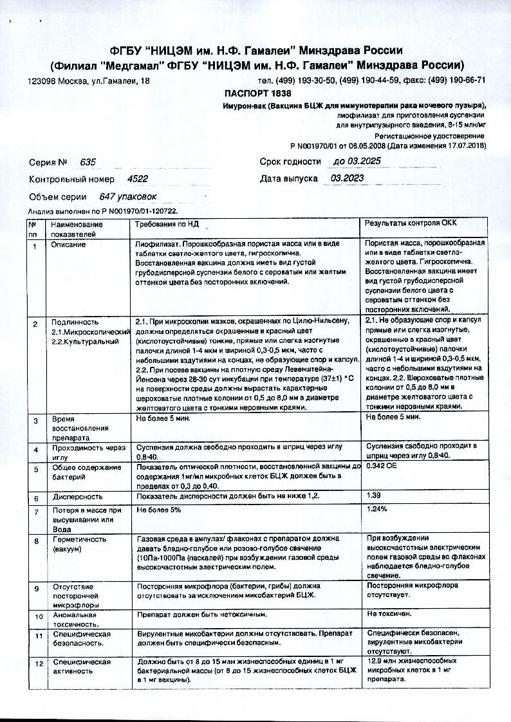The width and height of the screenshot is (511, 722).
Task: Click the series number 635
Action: coord(88,163)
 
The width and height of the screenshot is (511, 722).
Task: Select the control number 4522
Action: coord(138,180)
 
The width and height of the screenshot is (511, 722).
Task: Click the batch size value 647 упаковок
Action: coord(127,197)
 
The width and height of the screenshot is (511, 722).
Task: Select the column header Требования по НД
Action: coord(167,223)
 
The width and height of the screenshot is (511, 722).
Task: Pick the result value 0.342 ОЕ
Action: coord(381,467)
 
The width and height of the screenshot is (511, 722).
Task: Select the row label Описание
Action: coord(68,245)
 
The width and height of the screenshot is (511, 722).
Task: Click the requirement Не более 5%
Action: coord(158,509)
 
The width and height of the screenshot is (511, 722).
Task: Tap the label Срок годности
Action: coord(290,162)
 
